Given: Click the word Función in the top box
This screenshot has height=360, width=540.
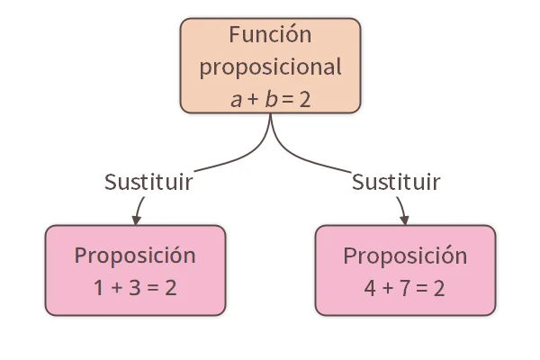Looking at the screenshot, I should (270, 36).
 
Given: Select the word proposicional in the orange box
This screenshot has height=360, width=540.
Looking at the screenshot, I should (270, 67).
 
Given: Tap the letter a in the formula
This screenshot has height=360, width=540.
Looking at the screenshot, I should (236, 100).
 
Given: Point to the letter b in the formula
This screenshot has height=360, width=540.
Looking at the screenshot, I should (268, 98).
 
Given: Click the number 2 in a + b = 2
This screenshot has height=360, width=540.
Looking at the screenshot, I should (304, 99).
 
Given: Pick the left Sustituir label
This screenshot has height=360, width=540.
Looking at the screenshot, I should (148, 182).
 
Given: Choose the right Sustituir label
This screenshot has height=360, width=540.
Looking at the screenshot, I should (396, 182).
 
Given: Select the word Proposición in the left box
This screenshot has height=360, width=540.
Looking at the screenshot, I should (135, 256).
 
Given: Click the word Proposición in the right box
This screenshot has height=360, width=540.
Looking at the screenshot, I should (405, 256).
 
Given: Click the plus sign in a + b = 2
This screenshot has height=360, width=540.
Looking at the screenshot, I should (251, 100).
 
